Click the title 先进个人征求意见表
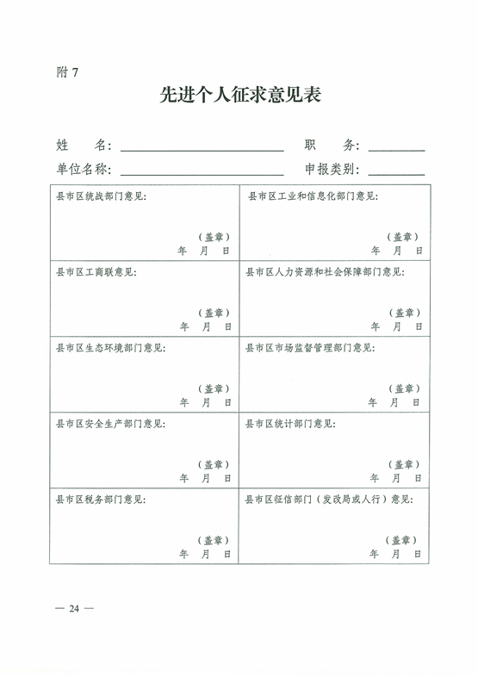[240, 95]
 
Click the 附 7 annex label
[67, 72]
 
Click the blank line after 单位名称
[202, 175]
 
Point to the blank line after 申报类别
[396, 175]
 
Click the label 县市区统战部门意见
[101, 196]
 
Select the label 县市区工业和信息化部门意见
[313, 196]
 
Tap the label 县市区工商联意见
[96, 272]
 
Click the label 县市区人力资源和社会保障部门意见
[326, 272]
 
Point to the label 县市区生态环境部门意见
[110, 348]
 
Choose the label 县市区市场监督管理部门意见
[310, 348]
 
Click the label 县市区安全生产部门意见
[110, 424]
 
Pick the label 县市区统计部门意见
[290, 424]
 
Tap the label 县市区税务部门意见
[101, 500]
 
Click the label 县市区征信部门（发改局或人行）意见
[329, 500]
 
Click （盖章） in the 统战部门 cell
[214, 237]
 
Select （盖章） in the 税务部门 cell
[214, 540]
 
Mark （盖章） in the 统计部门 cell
[404, 464]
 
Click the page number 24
[74, 608]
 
